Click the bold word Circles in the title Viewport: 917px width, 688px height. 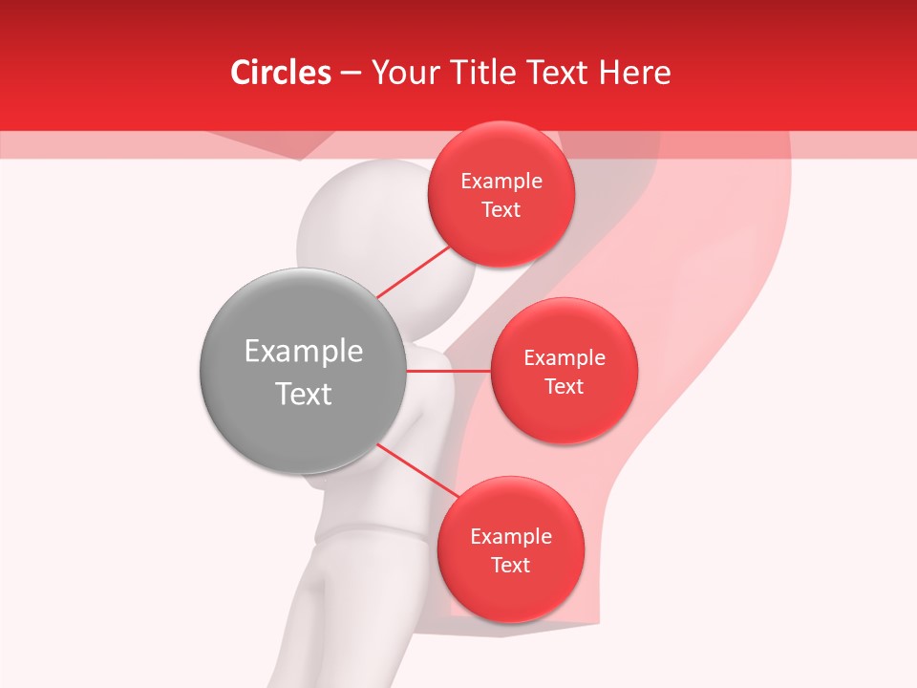281,73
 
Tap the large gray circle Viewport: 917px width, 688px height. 302,371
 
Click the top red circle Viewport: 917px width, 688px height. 501,194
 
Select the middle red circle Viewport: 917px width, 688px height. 565,370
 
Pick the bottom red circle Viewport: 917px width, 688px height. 510,549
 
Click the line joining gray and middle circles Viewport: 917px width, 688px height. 447,371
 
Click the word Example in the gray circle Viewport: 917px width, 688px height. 304,352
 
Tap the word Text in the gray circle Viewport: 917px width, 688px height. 304,394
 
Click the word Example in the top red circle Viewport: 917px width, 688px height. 501,182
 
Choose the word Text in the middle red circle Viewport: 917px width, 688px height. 565,386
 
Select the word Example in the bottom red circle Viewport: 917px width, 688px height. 510,537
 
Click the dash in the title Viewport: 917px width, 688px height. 350,74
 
